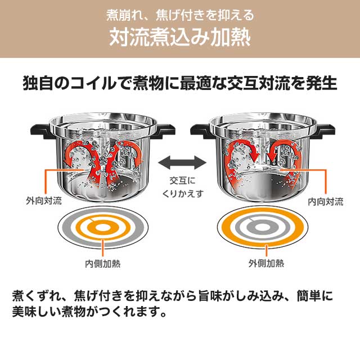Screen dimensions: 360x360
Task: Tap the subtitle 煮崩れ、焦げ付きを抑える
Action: pos(180,13)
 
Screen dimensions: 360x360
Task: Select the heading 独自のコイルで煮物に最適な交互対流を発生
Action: pos(180,84)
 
